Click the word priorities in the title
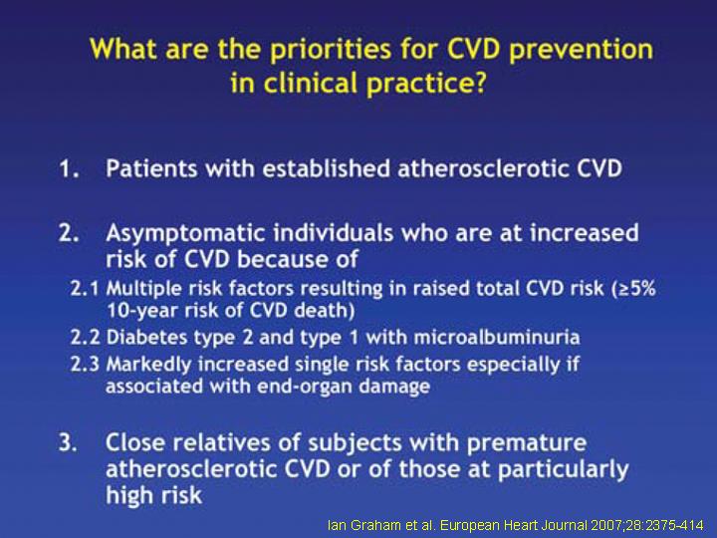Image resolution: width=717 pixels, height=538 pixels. coord(331,50)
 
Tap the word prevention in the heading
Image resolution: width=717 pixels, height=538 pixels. coord(582,50)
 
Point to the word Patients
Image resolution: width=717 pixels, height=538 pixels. coord(152,168)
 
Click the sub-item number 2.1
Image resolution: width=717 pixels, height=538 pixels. coord(85,289)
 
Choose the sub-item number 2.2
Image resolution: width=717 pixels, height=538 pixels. coord(85,338)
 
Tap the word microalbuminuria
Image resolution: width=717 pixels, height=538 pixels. coord(497,338)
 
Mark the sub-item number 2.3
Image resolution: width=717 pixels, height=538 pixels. coord(85,365)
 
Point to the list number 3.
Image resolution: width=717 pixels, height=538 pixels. coord(68,442)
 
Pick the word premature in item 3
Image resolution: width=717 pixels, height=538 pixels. coord(527,443)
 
